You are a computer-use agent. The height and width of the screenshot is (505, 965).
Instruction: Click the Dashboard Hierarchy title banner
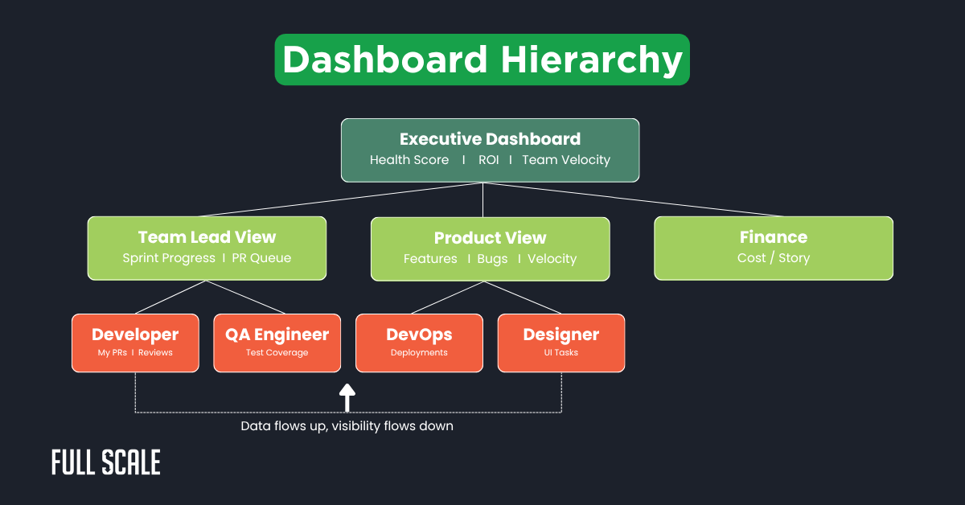[x=482, y=60]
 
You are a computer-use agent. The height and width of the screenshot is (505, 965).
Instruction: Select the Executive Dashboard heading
[x=490, y=139]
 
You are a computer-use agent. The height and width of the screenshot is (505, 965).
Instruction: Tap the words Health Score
[x=409, y=160]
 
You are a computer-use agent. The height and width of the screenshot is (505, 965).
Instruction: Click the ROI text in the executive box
[x=488, y=160]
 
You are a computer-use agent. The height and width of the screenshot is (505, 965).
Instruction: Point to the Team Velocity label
[x=566, y=160]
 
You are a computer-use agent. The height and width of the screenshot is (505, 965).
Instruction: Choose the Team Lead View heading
[x=207, y=237]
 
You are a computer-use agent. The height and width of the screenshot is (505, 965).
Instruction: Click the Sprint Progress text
[x=169, y=258]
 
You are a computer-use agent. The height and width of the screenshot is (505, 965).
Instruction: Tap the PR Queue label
[x=261, y=258]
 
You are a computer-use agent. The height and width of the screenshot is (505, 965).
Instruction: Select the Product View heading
[x=490, y=238]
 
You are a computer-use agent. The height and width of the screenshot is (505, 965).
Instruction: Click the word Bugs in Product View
[x=492, y=259]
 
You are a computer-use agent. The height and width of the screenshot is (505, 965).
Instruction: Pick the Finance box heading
[x=773, y=237]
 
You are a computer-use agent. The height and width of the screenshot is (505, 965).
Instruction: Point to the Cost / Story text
[x=773, y=258]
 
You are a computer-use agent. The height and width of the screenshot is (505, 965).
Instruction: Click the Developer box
[x=135, y=343]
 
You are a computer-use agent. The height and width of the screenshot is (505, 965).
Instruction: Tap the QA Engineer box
[x=277, y=343]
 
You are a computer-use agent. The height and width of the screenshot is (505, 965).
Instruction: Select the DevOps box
[x=419, y=343]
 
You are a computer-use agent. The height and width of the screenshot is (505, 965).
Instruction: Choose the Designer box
[x=561, y=343]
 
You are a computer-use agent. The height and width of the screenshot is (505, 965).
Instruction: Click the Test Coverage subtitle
[x=277, y=353]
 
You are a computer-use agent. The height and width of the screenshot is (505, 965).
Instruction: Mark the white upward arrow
[x=347, y=397]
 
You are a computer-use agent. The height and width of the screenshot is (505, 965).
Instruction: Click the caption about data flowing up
[x=347, y=426]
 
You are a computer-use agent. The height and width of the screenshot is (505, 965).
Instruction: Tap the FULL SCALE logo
[x=105, y=462]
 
